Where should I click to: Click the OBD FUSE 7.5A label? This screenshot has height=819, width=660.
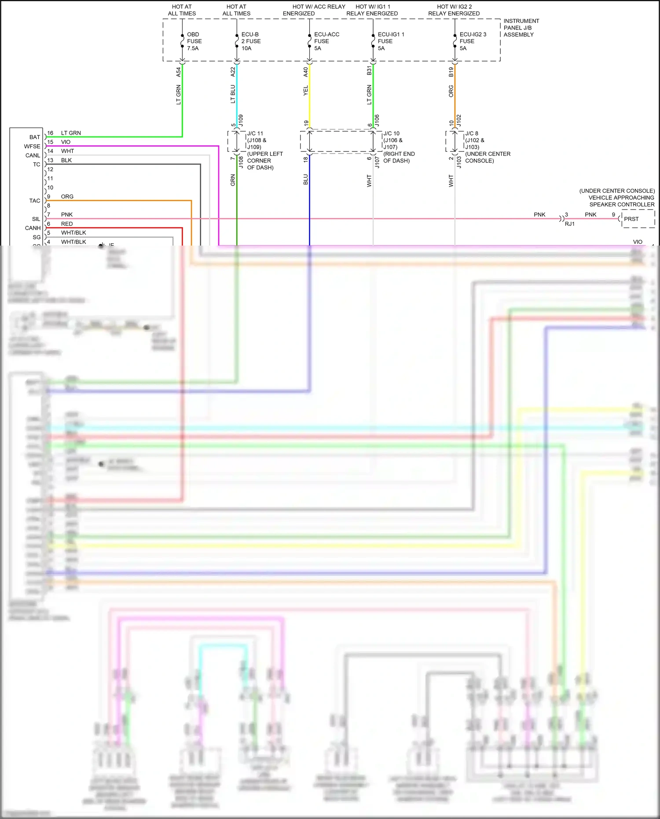click(x=194, y=41)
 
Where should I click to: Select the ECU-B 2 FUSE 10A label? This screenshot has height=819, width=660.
click(x=250, y=41)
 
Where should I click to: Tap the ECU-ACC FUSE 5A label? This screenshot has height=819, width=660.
click(x=326, y=41)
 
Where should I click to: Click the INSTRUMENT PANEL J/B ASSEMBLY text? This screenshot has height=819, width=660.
click(x=521, y=28)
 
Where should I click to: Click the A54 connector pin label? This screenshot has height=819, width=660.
click(x=179, y=72)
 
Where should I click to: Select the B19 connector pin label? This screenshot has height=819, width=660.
click(x=451, y=72)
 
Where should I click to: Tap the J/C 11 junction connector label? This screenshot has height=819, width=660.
click(x=255, y=133)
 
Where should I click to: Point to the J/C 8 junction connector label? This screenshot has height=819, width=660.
click(x=471, y=133)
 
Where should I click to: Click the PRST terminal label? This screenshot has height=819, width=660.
click(x=631, y=219)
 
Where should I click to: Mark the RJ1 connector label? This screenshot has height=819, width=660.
click(x=569, y=224)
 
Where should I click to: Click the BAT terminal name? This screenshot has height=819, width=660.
click(x=35, y=137)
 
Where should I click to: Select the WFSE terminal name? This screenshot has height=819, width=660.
click(x=32, y=147)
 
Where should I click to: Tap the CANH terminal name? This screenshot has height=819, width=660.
click(x=33, y=228)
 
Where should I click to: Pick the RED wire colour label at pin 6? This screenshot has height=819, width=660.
click(x=67, y=224)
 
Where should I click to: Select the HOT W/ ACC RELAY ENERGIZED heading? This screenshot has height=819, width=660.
click(x=319, y=10)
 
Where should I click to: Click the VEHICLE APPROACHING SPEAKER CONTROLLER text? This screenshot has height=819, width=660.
click(x=621, y=201)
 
